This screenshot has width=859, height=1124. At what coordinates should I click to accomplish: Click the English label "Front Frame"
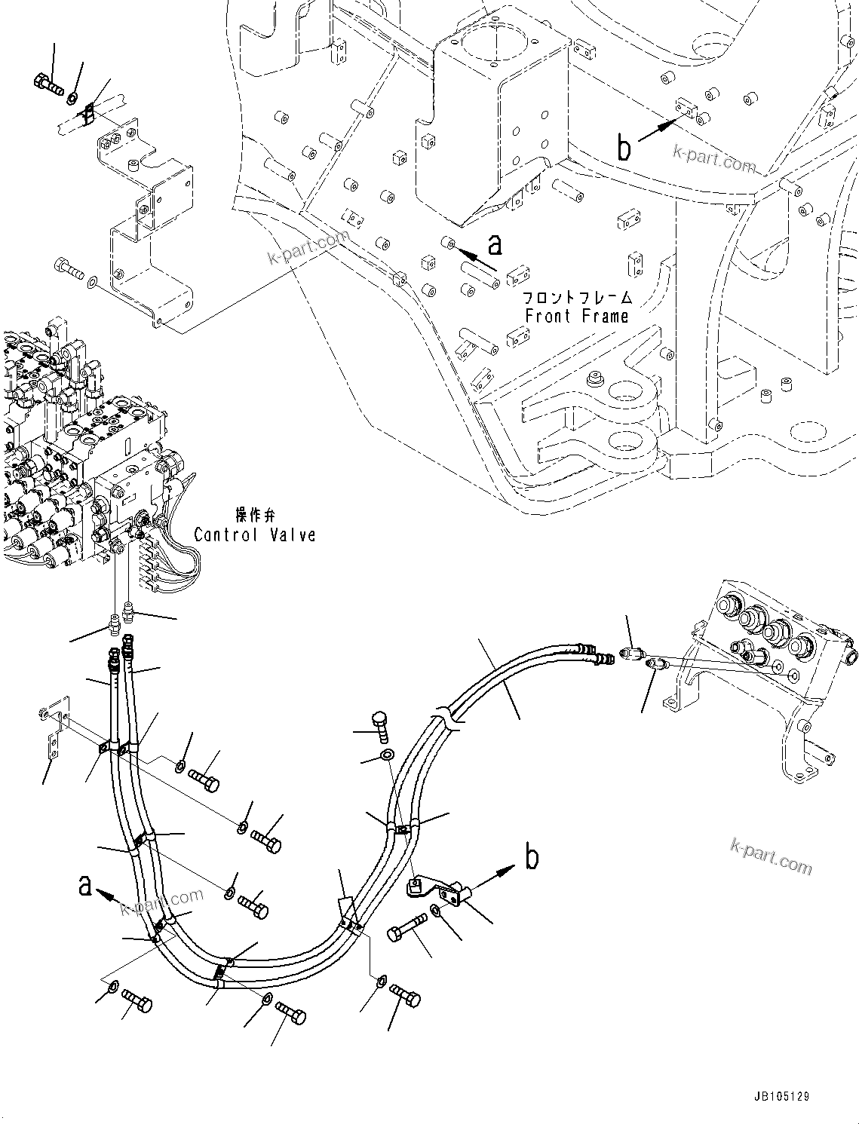[x=576, y=317]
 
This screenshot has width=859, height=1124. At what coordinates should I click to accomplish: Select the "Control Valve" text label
[x=254, y=534]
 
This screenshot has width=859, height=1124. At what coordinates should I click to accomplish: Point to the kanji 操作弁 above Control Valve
[x=256, y=515]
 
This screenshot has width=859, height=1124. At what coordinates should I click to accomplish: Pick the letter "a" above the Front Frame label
[x=495, y=243]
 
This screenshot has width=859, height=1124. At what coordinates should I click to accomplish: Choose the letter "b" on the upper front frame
[x=624, y=148]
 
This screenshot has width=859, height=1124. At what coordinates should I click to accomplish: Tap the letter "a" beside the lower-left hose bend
[x=85, y=886]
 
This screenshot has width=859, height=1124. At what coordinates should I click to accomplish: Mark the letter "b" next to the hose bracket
[x=532, y=858]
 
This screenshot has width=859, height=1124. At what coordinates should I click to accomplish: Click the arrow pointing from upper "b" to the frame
[x=658, y=129]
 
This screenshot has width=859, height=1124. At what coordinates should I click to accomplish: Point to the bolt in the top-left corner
[x=49, y=84]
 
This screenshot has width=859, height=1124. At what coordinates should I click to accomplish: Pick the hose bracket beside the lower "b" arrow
[x=436, y=888]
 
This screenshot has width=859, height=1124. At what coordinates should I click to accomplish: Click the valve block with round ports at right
[x=777, y=637]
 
